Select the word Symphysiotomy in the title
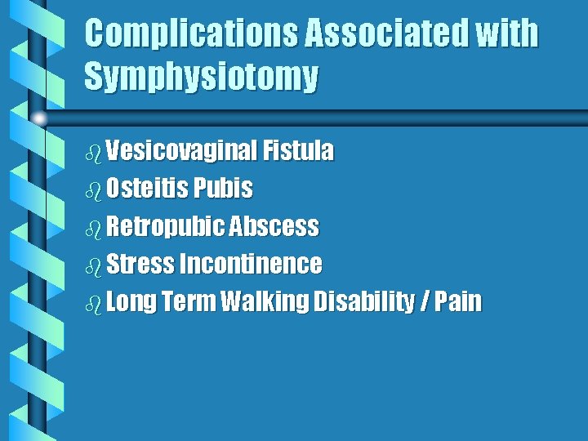pos(201,78)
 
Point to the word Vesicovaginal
pos(180,151)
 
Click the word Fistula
pos(298,151)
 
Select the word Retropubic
pos(165,226)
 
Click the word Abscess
pos(274,226)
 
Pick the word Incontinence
pos(250,265)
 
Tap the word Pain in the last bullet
pos(459,302)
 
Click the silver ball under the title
pos(39,118)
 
